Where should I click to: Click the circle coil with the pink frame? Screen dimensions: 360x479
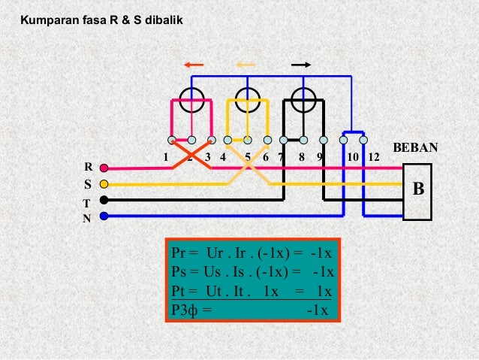coord(193,98)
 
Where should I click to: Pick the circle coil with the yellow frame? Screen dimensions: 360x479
coord(248,98)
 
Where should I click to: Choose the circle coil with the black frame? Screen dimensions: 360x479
coord(303,98)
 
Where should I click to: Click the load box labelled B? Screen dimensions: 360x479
coord(418,190)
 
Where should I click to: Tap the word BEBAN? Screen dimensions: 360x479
coord(414,148)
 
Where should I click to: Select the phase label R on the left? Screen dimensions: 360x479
coord(89,167)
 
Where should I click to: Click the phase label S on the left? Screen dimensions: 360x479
coord(89,184)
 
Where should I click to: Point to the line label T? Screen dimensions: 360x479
coord(87,203)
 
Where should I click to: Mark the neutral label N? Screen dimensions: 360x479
coord(86,219)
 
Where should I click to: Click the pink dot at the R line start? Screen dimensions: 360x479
coord(104,167)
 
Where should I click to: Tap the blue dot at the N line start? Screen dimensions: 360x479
coord(104,216)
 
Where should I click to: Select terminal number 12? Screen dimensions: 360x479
coord(374,158)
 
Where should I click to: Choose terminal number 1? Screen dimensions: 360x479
coord(165,158)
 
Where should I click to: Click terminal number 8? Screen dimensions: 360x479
coord(301,158)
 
